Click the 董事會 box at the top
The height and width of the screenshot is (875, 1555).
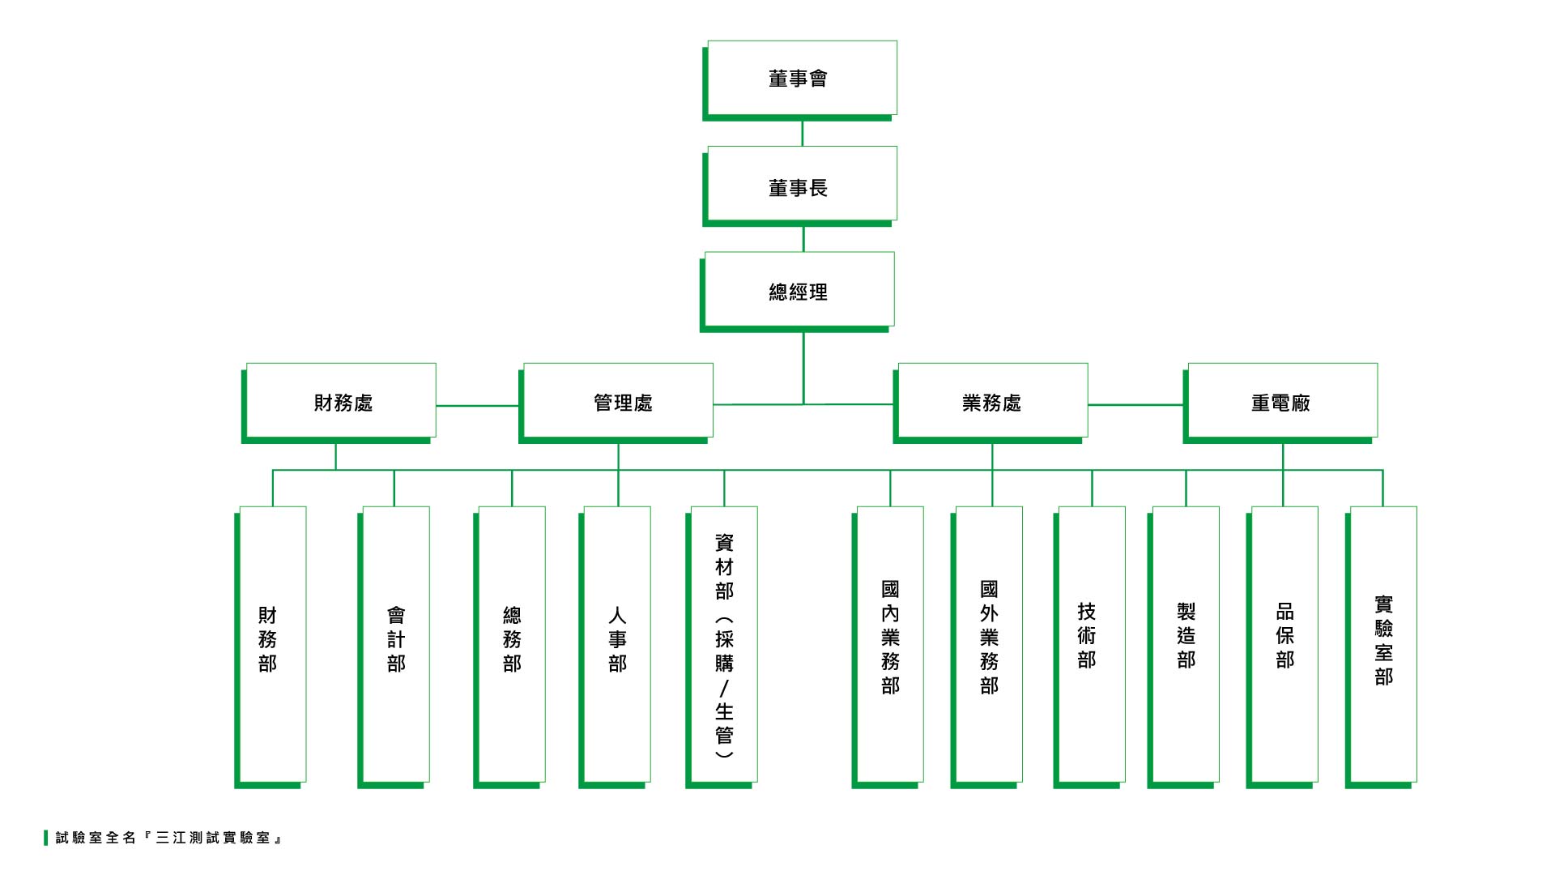(801, 79)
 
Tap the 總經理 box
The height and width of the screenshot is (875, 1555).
(799, 290)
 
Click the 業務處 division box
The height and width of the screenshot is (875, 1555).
(991, 401)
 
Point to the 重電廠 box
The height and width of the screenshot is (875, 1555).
(1281, 401)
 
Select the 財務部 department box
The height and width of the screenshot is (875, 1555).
(271, 644)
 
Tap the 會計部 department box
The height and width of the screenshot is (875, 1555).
(395, 644)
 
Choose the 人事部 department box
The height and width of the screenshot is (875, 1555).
(616, 644)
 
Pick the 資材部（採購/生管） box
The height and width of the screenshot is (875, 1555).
(723, 644)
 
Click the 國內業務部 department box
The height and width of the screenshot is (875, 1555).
(889, 644)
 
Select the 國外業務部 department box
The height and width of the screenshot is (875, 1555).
(988, 644)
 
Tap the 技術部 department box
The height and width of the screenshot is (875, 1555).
(1090, 644)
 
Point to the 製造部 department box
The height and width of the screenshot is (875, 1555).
(1185, 644)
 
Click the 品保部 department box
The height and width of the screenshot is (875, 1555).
(1284, 644)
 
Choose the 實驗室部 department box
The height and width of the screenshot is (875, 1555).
(1382, 644)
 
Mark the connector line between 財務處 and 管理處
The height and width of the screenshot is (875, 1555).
(477, 405)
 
